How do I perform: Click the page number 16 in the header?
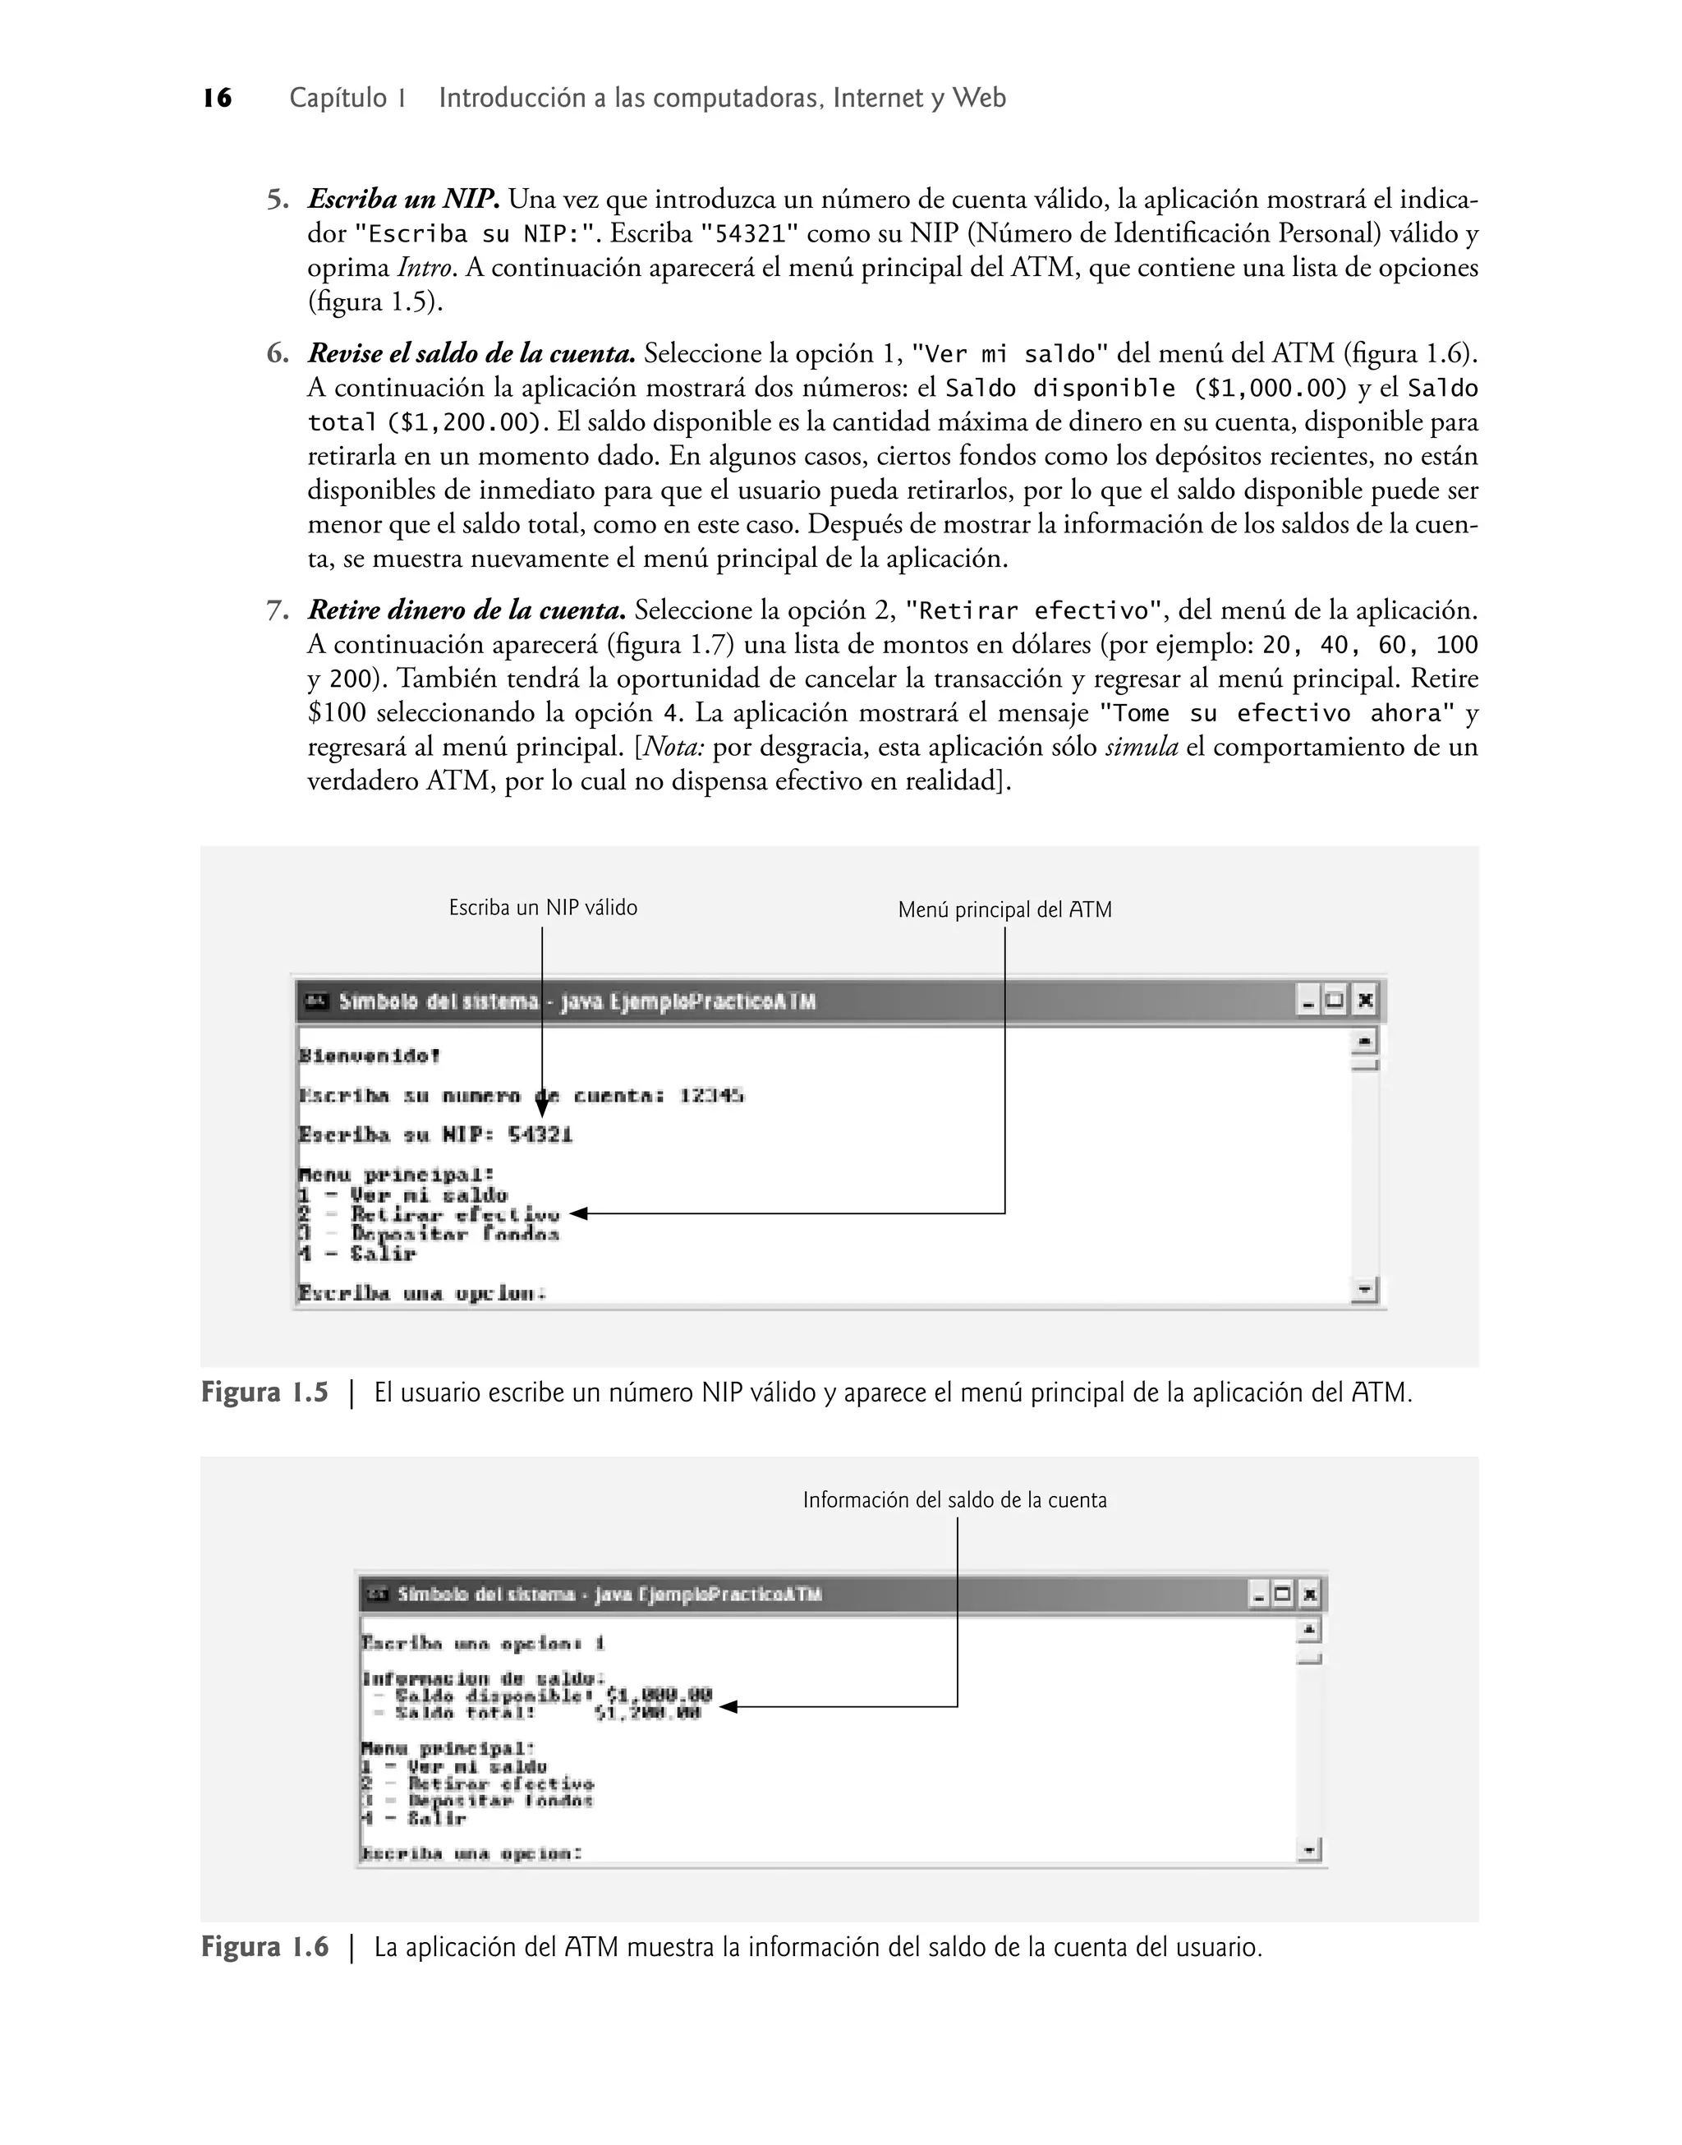pos(218,99)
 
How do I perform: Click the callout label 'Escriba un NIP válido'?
pos(543,907)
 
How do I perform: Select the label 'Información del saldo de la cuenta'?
pos(954,1500)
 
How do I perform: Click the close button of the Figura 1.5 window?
pos(1364,1001)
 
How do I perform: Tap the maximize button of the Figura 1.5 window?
pos(1335,1001)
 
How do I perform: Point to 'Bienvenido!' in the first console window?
pos(370,1056)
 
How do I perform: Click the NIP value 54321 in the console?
pos(540,1135)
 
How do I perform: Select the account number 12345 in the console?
pos(711,1095)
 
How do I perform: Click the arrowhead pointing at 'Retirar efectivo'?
pos(578,1213)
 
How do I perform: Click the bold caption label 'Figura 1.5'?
pos(264,1392)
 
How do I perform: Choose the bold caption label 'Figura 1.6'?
pos(264,1947)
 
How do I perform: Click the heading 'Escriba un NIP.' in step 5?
pos(404,200)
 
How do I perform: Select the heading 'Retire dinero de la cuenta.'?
pos(466,610)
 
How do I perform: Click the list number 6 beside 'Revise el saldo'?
pos(277,353)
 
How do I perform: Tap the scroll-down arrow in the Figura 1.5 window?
pos(1364,1288)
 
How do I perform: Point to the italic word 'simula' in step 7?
pos(1142,748)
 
